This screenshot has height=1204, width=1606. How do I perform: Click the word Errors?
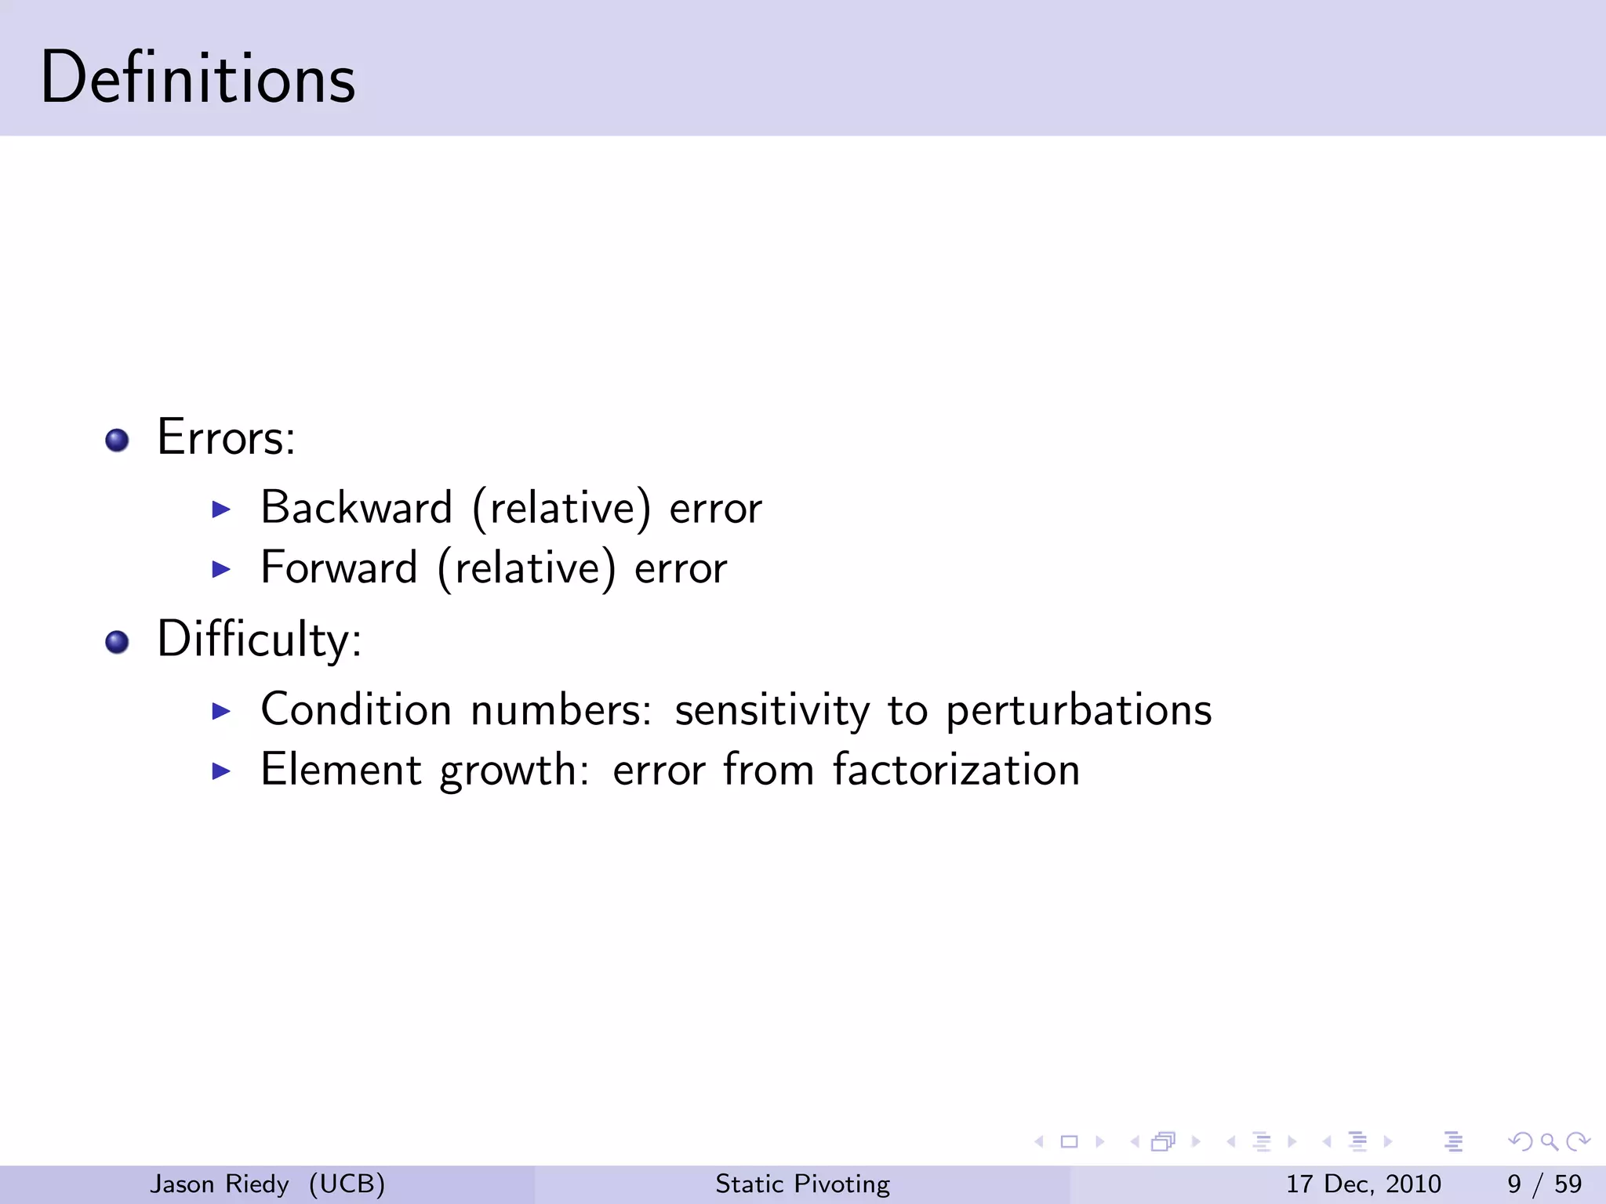[225, 437]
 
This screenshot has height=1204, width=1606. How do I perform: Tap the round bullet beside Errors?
[117, 441]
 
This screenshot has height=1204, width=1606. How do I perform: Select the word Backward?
[357, 508]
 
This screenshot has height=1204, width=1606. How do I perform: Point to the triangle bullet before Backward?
[222, 510]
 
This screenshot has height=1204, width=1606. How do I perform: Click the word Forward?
[339, 568]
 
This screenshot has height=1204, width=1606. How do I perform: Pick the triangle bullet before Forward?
[222, 569]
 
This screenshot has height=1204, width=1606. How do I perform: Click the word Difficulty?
[258, 640]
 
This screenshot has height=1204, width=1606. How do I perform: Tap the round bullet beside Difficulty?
[117, 643]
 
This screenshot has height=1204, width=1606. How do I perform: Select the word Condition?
[356, 710]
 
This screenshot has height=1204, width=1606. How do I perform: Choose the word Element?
[340, 770]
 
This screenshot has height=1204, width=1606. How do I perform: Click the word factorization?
[956, 770]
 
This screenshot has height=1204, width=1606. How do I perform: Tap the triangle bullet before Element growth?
[222, 771]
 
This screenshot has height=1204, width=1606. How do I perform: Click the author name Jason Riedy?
[220, 1184]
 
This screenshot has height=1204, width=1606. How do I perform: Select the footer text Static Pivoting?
[802, 1184]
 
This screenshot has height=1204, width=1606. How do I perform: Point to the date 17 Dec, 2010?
[1363, 1184]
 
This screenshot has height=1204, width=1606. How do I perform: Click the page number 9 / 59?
[1544, 1184]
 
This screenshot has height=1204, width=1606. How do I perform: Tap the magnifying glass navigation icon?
[1549, 1141]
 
